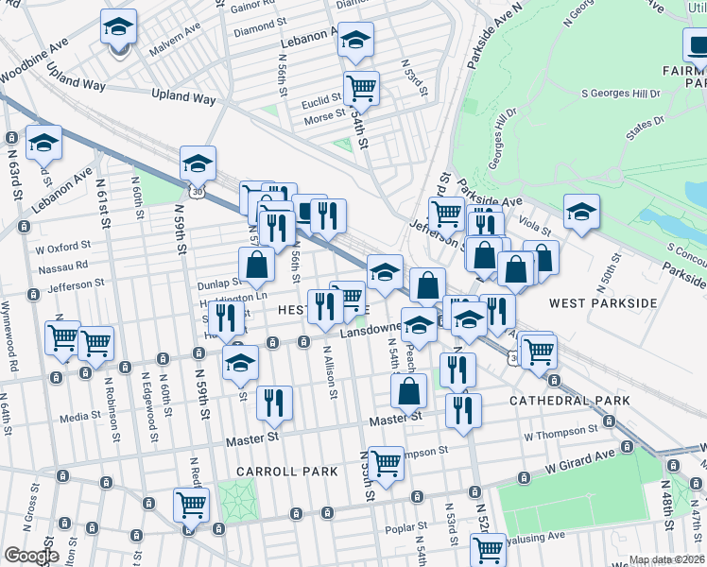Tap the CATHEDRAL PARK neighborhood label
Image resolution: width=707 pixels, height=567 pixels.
(569, 401)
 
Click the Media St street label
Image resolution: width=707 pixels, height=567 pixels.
(80, 416)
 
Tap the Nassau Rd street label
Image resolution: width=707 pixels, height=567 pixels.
(69, 266)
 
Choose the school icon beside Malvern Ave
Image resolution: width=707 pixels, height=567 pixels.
(119, 28)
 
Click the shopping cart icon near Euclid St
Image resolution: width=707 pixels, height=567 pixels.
(361, 89)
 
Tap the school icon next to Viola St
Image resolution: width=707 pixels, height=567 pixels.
(581, 213)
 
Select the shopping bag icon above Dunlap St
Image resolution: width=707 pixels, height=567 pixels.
(256, 266)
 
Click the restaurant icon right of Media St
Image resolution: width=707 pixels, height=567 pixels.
(275, 403)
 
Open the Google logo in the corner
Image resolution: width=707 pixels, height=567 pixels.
(31, 556)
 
